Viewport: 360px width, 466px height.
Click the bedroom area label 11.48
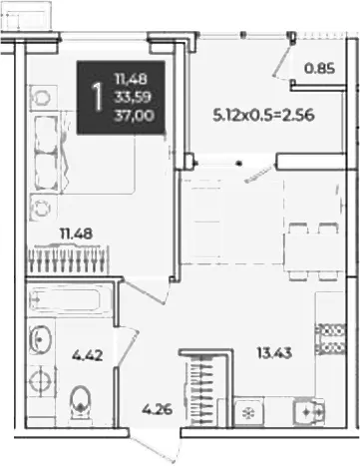76,234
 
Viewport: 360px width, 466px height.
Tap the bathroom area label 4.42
88,355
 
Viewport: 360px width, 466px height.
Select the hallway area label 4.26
157,409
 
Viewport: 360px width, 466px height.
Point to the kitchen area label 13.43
274,352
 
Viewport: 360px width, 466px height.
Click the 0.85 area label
319,69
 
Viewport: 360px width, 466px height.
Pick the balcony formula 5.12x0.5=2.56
263,116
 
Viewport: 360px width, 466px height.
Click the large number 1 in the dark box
97,97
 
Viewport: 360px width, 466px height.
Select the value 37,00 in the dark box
134,116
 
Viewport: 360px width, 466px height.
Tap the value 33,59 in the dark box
133,98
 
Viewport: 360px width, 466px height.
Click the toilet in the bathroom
80,403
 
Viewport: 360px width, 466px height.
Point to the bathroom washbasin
41,339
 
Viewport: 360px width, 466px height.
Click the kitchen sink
308,411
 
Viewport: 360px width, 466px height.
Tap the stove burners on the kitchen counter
330,338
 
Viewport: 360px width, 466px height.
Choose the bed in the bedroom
82,153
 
